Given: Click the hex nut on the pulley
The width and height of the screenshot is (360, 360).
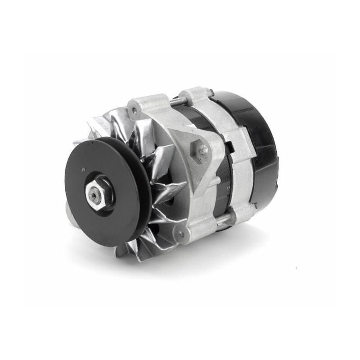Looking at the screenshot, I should tap(99, 193).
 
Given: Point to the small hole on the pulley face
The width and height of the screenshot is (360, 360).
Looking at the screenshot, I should tap(84, 170).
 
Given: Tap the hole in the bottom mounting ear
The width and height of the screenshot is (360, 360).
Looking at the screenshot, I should tap(181, 234).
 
